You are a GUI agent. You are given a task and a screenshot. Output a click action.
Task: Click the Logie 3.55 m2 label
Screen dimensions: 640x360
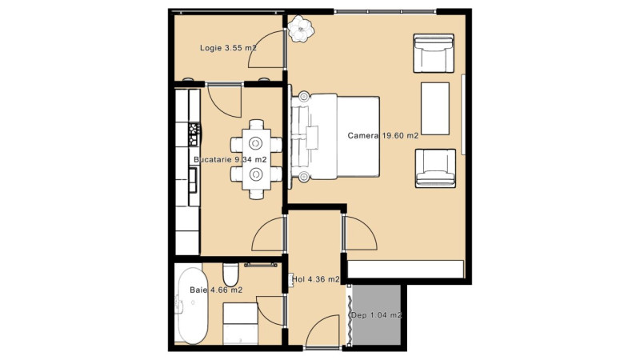coord(228,48)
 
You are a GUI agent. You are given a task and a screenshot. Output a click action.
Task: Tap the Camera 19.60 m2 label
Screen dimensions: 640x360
coord(383,135)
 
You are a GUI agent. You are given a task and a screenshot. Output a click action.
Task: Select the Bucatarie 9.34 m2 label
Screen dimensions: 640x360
coord(230,159)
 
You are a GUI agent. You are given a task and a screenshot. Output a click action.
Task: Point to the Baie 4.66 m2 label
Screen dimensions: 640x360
coord(216,290)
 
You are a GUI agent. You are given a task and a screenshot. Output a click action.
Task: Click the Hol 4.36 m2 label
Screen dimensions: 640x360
coord(316,279)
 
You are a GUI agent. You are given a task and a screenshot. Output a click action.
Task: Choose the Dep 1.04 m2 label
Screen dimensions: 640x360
coord(377,315)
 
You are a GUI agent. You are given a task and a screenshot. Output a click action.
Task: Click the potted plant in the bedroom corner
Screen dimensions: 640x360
coord(301,29)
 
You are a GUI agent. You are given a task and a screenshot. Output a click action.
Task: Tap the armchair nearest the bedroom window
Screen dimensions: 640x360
coord(434,53)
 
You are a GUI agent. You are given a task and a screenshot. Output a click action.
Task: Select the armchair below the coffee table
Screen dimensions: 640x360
coord(435,168)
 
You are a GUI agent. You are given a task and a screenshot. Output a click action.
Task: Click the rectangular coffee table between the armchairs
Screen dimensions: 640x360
coord(435,109)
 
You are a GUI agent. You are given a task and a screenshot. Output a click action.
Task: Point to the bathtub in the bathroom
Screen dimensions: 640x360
coord(192,306)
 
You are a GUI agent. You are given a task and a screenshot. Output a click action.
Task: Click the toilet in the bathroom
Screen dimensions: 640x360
coord(230,274)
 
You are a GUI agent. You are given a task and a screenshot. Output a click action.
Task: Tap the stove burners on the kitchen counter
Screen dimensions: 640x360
coord(194,134)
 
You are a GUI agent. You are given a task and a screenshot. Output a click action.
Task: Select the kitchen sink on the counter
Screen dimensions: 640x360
coord(192,180)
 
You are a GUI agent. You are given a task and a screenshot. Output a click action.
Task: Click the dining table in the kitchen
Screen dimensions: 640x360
coord(256,159)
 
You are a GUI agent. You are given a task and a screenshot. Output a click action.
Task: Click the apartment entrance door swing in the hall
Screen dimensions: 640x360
coord(322,331)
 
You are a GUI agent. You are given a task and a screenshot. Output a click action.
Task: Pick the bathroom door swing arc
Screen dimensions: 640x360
coord(270,311)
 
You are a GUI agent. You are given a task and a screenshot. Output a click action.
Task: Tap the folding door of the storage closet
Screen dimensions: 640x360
coord(350,315)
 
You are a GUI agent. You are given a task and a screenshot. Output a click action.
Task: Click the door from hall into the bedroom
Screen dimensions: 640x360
coord(359,234)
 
